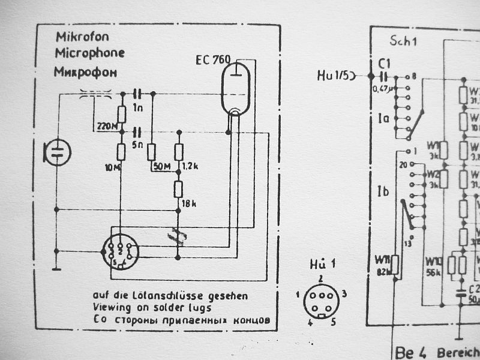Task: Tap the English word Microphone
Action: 90,53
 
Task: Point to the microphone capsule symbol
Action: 56,152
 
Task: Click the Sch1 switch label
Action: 403,42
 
